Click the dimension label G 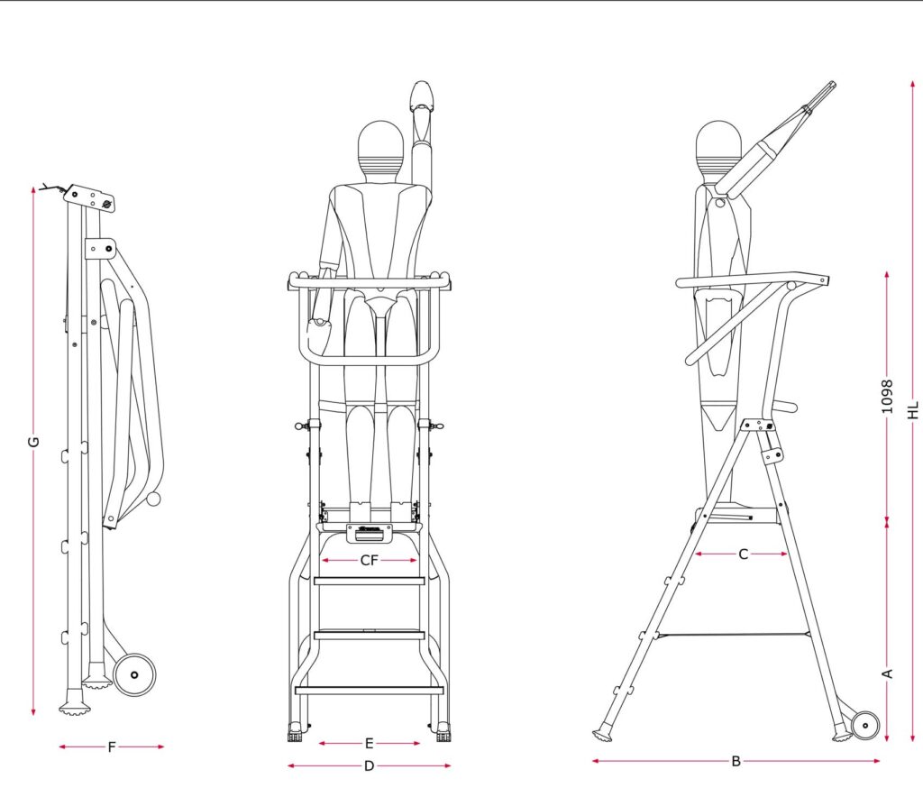[x=33, y=441]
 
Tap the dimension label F [x=111, y=747]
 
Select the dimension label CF [x=369, y=561]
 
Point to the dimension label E [x=369, y=744]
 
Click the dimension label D [x=369, y=765]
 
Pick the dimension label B [x=736, y=761]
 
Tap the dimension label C [x=743, y=554]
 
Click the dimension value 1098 [x=887, y=396]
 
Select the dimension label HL [x=912, y=410]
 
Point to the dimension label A [x=888, y=673]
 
